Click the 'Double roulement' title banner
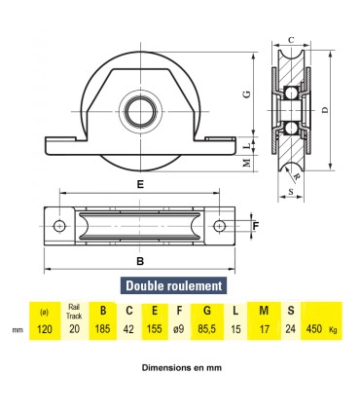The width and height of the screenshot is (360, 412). click(172, 285)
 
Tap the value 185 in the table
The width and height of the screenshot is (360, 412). click(99, 329)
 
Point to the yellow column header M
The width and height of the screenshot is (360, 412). click(264, 311)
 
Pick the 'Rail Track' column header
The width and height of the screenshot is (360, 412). click(73, 311)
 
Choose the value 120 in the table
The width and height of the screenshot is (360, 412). click(44, 329)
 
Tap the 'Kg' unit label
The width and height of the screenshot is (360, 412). click(334, 330)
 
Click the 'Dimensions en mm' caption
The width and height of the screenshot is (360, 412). click(181, 368)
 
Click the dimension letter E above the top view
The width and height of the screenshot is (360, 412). click(141, 182)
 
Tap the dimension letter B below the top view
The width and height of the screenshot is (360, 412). click(140, 261)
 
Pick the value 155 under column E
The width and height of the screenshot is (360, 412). click(156, 329)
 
